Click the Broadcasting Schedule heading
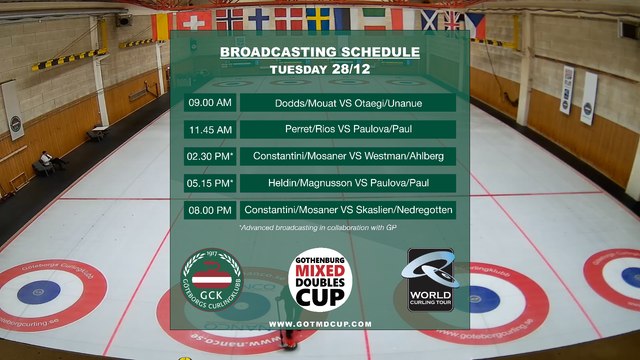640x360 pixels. click(319, 52)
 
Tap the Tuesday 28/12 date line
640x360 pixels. click(319, 69)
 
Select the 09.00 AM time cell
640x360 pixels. click(209, 103)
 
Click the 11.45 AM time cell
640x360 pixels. click(209, 130)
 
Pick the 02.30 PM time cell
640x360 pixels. click(210, 157)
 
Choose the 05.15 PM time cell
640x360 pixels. click(210, 183)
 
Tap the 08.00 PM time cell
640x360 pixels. click(209, 210)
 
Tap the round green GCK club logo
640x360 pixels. click(211, 279)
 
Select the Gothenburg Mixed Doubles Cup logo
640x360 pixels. click(317, 279)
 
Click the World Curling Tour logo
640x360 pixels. click(430, 279)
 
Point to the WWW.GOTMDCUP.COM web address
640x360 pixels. click(320, 324)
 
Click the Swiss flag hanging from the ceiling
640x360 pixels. click(188, 20)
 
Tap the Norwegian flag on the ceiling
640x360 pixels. click(229, 19)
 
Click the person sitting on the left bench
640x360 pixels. click(49, 160)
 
